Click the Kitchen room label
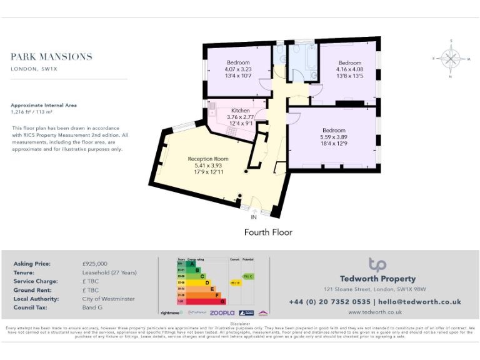pyautogui.click(x=240, y=111)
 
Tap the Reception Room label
pyautogui.click(x=208, y=159)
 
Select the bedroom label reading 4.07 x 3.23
pyautogui.click(x=238, y=69)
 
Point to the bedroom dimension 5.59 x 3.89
pyautogui.click(x=333, y=137)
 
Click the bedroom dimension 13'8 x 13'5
pyautogui.click(x=349, y=76)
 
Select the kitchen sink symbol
pyautogui.click(x=212, y=107)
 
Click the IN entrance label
pyautogui.click(x=254, y=217)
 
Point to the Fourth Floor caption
pyautogui.click(x=268, y=232)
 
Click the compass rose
pyautogui.click(x=450, y=59)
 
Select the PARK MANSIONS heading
pyautogui.click(x=51, y=57)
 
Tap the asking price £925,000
pyautogui.click(x=95, y=264)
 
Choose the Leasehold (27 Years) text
pyautogui.click(x=109, y=272)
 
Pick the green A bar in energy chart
pyautogui.click(x=182, y=263)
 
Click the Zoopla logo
pyautogui.click(x=221, y=312)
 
